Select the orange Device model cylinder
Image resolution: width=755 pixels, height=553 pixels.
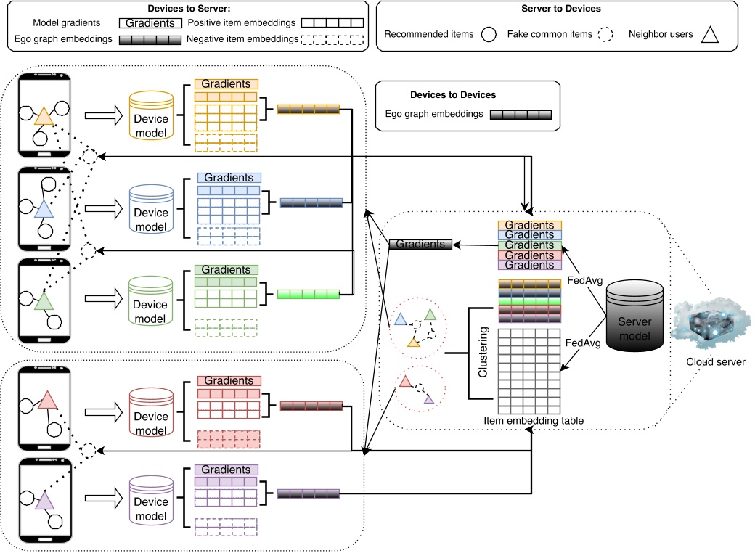tap(150, 116)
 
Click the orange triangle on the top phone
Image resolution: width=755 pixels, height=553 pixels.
tap(43, 116)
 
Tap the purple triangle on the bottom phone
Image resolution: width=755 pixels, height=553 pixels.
tap(44, 501)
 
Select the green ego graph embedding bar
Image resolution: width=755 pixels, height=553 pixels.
tap(309, 295)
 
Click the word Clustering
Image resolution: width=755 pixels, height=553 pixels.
tap(483, 354)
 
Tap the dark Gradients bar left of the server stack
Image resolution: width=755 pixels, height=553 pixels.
tap(420, 245)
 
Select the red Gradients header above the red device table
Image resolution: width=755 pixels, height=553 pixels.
tap(229, 380)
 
